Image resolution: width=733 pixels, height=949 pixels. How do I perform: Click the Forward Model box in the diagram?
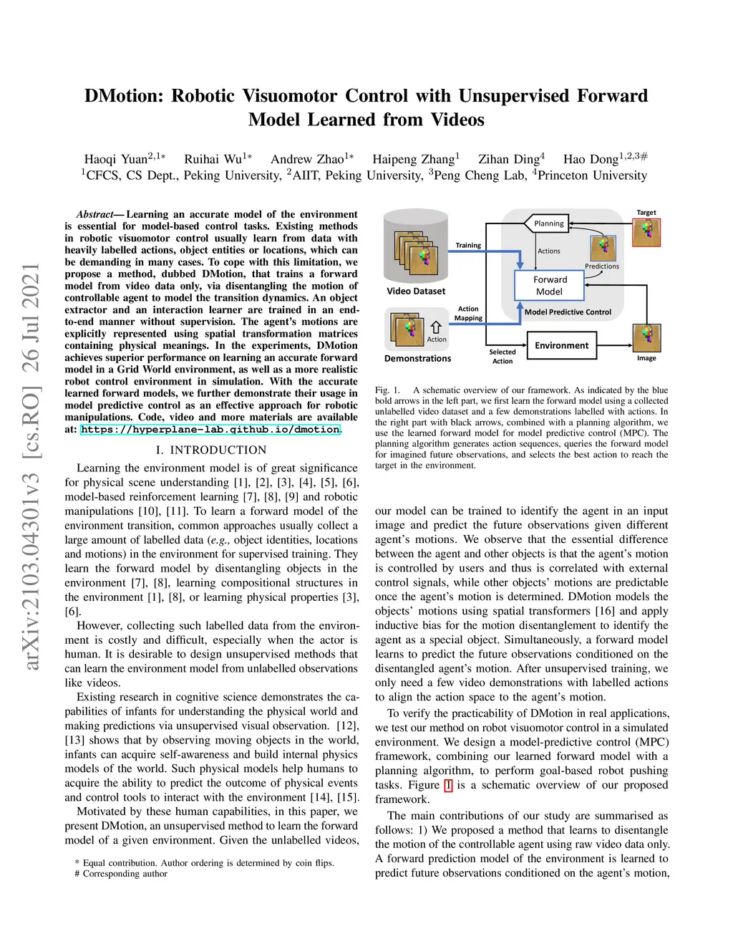coord(550,286)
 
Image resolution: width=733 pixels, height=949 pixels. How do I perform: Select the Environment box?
coord(561,345)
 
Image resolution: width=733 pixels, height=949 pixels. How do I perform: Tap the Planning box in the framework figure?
coord(548,223)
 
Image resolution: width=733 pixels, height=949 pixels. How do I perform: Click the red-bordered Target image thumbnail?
coord(646,233)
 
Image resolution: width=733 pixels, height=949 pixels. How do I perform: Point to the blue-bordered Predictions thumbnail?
coord(603,249)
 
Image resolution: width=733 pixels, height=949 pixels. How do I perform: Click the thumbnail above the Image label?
coord(646,337)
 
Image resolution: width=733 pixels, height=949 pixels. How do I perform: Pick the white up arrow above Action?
coord(436,327)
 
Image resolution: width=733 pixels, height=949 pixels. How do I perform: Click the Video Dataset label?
coord(416,292)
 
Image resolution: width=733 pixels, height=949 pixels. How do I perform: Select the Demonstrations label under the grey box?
coord(417,358)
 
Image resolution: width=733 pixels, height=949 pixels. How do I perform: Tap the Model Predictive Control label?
coord(568,312)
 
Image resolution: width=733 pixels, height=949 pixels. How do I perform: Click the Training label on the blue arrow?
coord(468,246)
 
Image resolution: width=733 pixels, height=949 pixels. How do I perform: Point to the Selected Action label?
coord(503,357)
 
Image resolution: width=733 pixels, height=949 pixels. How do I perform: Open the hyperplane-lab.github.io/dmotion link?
coord(210,430)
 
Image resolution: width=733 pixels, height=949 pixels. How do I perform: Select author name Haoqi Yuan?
coord(116,159)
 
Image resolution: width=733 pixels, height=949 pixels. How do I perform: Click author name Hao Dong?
coord(591,159)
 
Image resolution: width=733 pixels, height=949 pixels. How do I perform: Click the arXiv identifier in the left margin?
coord(31,466)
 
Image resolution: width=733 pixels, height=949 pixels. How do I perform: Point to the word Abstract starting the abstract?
coord(95,214)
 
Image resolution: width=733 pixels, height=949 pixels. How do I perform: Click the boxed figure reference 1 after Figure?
coord(448,785)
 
